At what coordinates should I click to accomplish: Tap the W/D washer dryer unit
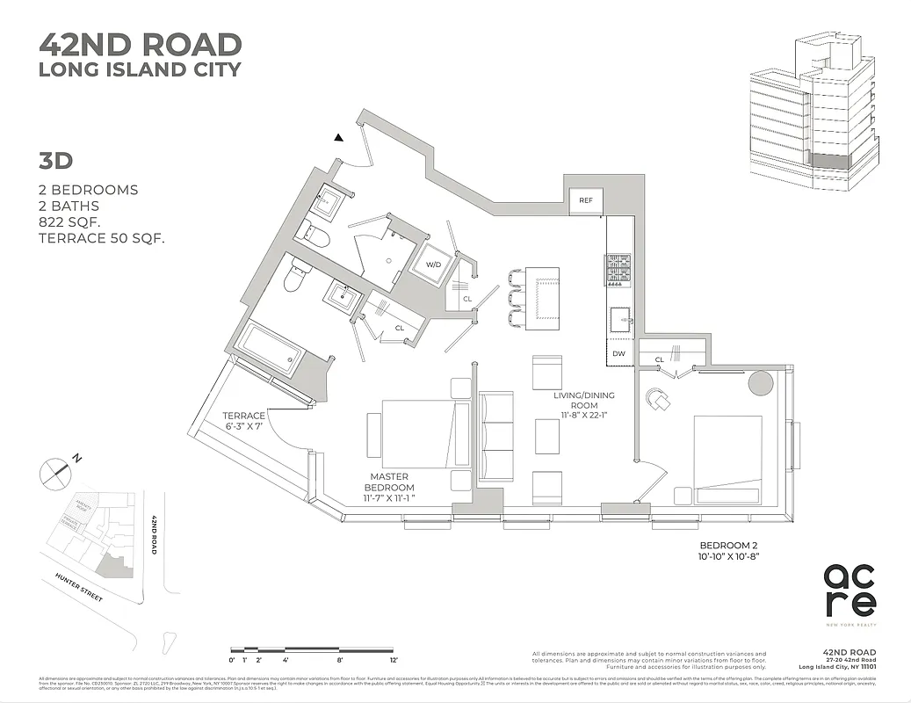[433, 264]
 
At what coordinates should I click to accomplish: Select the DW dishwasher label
[618, 353]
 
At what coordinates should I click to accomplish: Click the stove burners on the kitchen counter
[618, 270]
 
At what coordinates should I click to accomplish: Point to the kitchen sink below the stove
[619, 318]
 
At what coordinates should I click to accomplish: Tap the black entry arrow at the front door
[339, 138]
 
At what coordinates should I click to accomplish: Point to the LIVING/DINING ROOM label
[575, 405]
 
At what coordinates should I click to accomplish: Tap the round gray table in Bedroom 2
[759, 382]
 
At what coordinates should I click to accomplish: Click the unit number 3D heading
[54, 161]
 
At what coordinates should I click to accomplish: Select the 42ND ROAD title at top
[141, 44]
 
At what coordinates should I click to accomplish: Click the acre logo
[849, 590]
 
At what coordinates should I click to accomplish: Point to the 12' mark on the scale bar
[394, 659]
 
